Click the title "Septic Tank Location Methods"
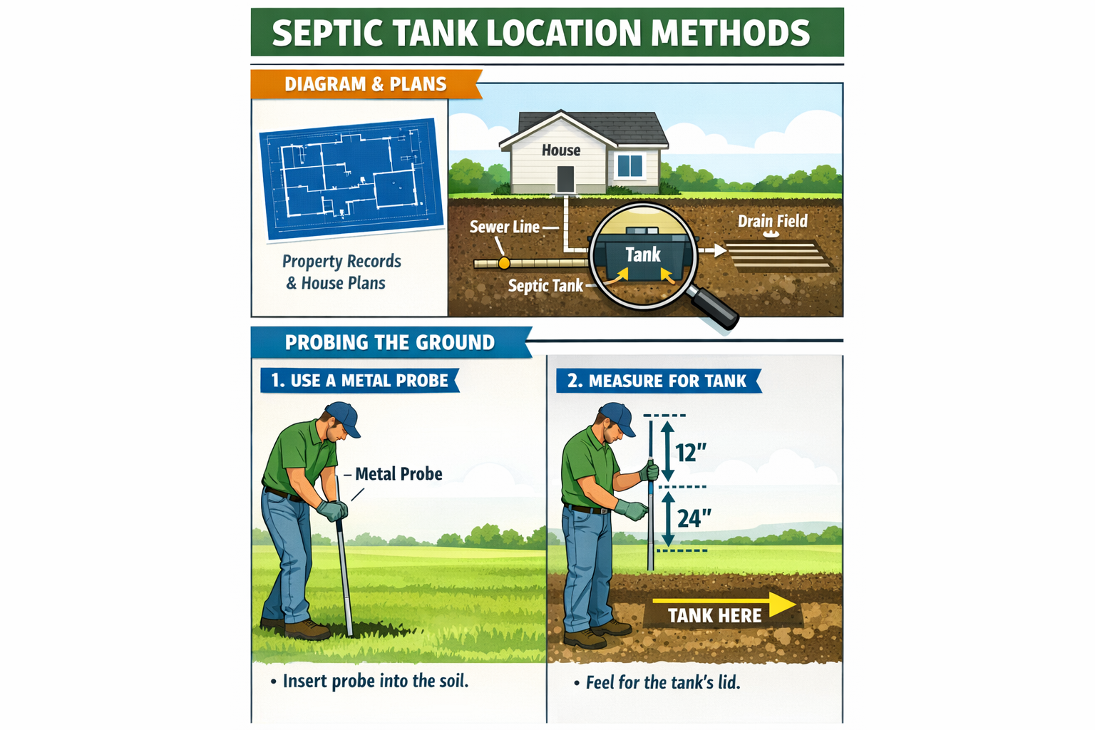pyautogui.click(x=540, y=33)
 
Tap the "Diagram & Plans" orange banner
pyautogui.click(x=365, y=84)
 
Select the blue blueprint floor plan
pyautogui.click(x=352, y=179)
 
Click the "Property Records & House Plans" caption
pyautogui.click(x=341, y=272)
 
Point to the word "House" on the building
pyautogui.click(x=561, y=150)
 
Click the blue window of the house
pyautogui.click(x=630, y=165)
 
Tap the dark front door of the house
pyautogui.click(x=565, y=179)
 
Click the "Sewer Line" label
pyautogui.click(x=505, y=227)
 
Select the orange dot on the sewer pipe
pyautogui.click(x=504, y=263)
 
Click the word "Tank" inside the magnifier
pyautogui.click(x=643, y=255)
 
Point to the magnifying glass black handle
pyautogui.click(x=715, y=308)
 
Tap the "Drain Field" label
pyautogui.click(x=772, y=222)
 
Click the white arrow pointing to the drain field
pyautogui.click(x=712, y=251)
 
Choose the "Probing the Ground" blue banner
pyautogui.click(x=389, y=343)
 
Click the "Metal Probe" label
pyautogui.click(x=399, y=474)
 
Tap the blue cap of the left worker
pyautogui.click(x=343, y=416)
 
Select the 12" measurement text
pyautogui.click(x=691, y=453)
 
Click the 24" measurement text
pyautogui.click(x=694, y=518)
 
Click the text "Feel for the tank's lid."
pyautogui.click(x=662, y=683)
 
